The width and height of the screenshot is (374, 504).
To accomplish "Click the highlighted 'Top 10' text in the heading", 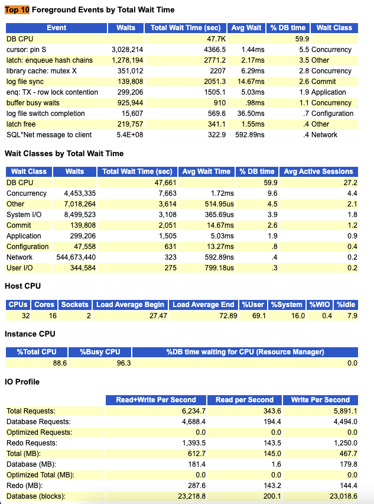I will click(17, 10).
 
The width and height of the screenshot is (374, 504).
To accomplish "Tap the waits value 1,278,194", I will click(127, 60).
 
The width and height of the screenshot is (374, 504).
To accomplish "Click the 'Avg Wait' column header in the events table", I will click(246, 28).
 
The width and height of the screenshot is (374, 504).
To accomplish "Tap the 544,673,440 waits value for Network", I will click(74, 257).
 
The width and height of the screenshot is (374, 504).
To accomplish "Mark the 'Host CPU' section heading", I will click(22, 286).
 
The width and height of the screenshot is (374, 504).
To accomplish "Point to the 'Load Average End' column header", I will click(203, 305).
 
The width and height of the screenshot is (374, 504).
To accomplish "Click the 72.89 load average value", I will click(227, 316).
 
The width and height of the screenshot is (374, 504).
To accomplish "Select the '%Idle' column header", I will click(346, 305).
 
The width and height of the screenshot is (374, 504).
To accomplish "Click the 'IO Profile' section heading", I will click(22, 382).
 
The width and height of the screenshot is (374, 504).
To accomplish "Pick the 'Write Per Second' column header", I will click(320, 400).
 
